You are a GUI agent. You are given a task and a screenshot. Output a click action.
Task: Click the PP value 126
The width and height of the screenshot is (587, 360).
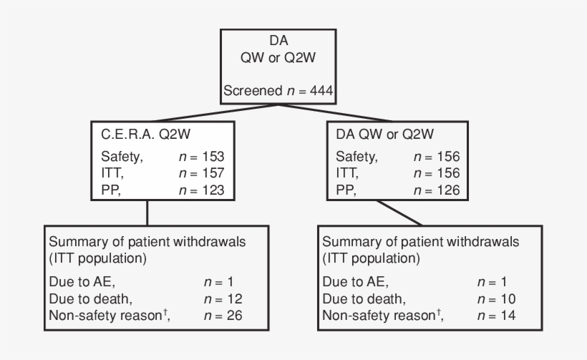coord(447,190)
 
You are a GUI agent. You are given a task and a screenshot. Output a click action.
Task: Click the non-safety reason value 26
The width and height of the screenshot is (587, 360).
coord(235,316)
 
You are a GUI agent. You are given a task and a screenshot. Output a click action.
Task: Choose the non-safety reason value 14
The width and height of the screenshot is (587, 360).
coord(508,316)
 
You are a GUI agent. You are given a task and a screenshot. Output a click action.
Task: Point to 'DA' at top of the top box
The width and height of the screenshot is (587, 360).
coord(278,41)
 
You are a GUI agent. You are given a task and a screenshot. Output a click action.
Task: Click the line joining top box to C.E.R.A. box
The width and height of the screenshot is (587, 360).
coord(215,112)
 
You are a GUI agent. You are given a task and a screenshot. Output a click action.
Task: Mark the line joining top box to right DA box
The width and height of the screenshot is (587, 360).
coord(336,112)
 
